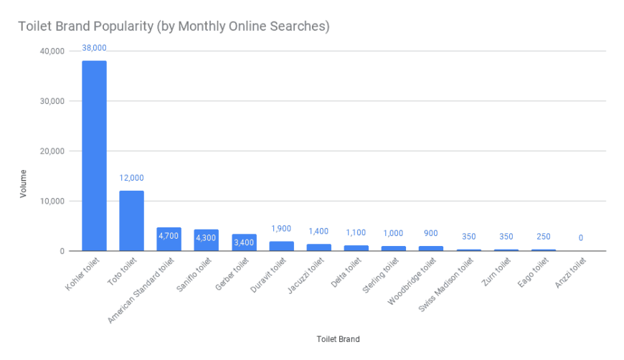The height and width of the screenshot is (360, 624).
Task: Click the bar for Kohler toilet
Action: click(94, 156)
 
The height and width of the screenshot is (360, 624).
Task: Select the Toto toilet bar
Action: click(131, 221)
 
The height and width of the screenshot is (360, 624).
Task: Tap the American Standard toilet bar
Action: click(169, 239)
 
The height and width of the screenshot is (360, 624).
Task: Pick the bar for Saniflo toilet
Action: click(206, 240)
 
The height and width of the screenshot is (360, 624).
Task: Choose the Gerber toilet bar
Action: click(243, 242)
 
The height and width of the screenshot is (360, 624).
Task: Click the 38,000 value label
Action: click(94, 48)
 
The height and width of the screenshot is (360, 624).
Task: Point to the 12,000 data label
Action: click(131, 178)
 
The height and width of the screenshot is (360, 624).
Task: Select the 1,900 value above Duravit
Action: click(280, 229)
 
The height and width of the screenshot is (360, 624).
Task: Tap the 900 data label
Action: click(430, 234)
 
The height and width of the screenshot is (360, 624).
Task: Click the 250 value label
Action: click(543, 237)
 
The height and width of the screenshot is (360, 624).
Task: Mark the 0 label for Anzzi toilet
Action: click(580, 238)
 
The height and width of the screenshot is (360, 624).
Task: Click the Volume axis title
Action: click(24, 184)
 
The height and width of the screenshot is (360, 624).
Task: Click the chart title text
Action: click(174, 27)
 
